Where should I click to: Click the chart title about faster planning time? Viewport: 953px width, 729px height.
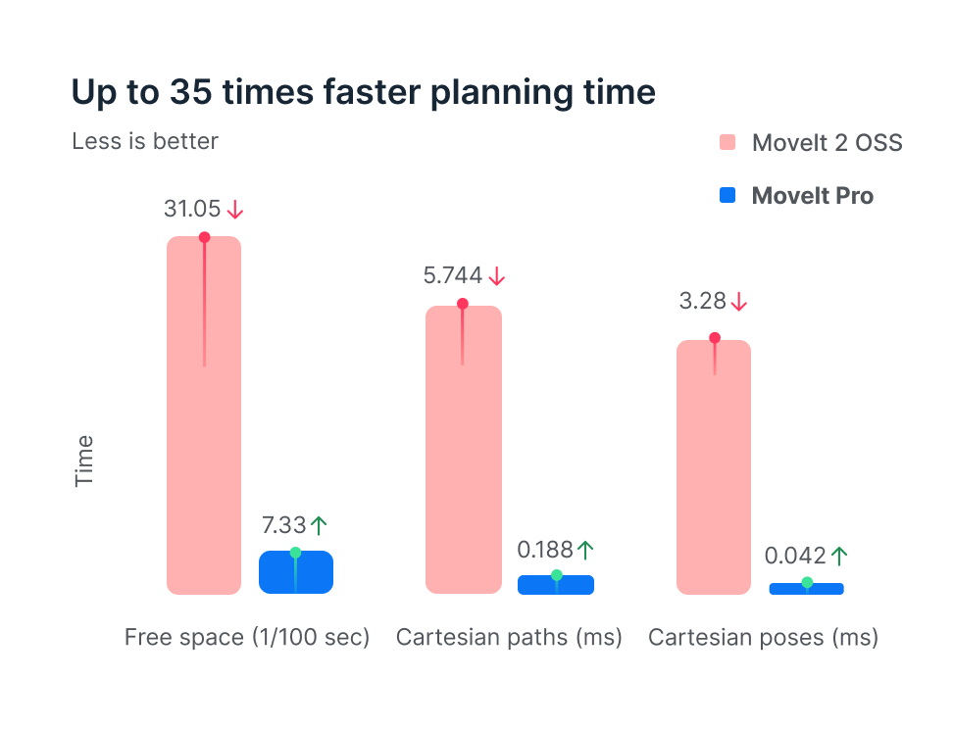click(363, 92)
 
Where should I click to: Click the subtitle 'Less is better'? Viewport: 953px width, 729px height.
click(145, 141)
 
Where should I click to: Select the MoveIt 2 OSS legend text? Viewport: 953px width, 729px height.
click(827, 143)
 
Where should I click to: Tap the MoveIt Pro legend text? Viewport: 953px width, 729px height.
click(812, 196)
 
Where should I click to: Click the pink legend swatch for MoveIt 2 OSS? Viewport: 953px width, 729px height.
click(727, 143)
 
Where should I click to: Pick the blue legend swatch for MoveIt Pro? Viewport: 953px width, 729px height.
click(727, 196)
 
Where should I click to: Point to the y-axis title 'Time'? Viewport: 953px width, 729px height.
click(85, 461)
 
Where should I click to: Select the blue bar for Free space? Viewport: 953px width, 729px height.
click(296, 572)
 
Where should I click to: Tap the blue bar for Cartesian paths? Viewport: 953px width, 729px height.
click(556, 585)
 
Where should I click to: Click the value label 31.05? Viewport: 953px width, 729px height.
click(192, 209)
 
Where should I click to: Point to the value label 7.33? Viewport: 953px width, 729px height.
click(283, 524)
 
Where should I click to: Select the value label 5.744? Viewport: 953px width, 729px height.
click(453, 276)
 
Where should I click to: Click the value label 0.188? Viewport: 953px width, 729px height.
click(545, 550)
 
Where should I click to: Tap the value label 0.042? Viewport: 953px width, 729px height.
click(794, 557)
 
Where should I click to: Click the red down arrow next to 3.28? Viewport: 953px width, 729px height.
click(739, 301)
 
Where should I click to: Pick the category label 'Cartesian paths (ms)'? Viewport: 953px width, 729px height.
click(509, 638)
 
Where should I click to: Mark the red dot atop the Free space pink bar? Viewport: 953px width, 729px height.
click(204, 237)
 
